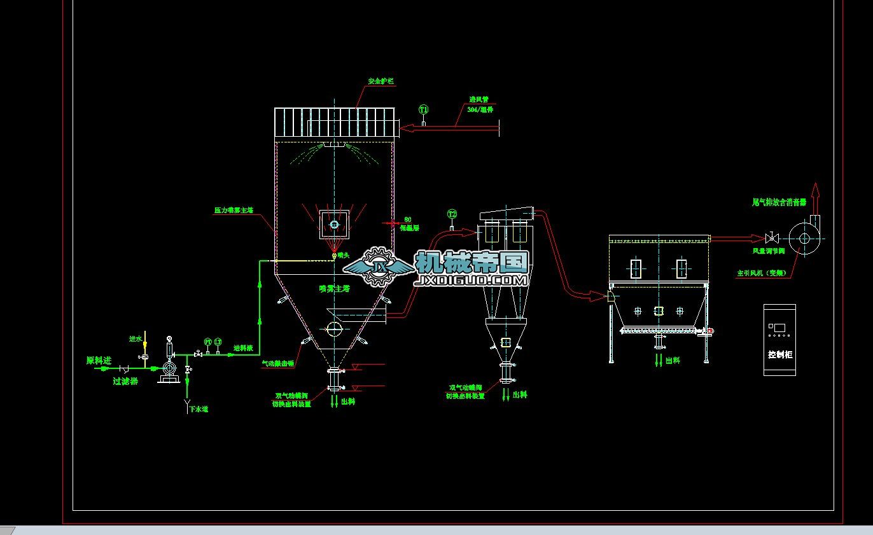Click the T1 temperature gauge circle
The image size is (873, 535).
[x=424, y=109]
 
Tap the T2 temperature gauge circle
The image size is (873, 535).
[x=452, y=214]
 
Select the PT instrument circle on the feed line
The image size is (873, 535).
[x=207, y=342]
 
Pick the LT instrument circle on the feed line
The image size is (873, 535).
[x=218, y=342]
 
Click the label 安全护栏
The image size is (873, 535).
[x=381, y=82]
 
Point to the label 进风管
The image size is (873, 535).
[x=478, y=100]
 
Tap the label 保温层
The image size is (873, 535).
[x=409, y=228]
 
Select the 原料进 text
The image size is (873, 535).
[x=99, y=361]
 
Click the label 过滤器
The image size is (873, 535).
[x=125, y=382]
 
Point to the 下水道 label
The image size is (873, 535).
[x=199, y=409]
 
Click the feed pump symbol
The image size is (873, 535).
[x=169, y=368]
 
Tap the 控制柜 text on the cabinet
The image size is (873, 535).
[x=780, y=354]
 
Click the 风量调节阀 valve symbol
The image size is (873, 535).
[x=771, y=239]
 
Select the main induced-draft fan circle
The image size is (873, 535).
[x=804, y=239]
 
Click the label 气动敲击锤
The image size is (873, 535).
[x=278, y=364]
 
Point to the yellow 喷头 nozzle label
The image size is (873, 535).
[x=344, y=255]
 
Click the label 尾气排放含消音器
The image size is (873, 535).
[x=779, y=202]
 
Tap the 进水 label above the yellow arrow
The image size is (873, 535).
[x=136, y=339]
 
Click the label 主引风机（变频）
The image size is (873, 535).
[x=762, y=273]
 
